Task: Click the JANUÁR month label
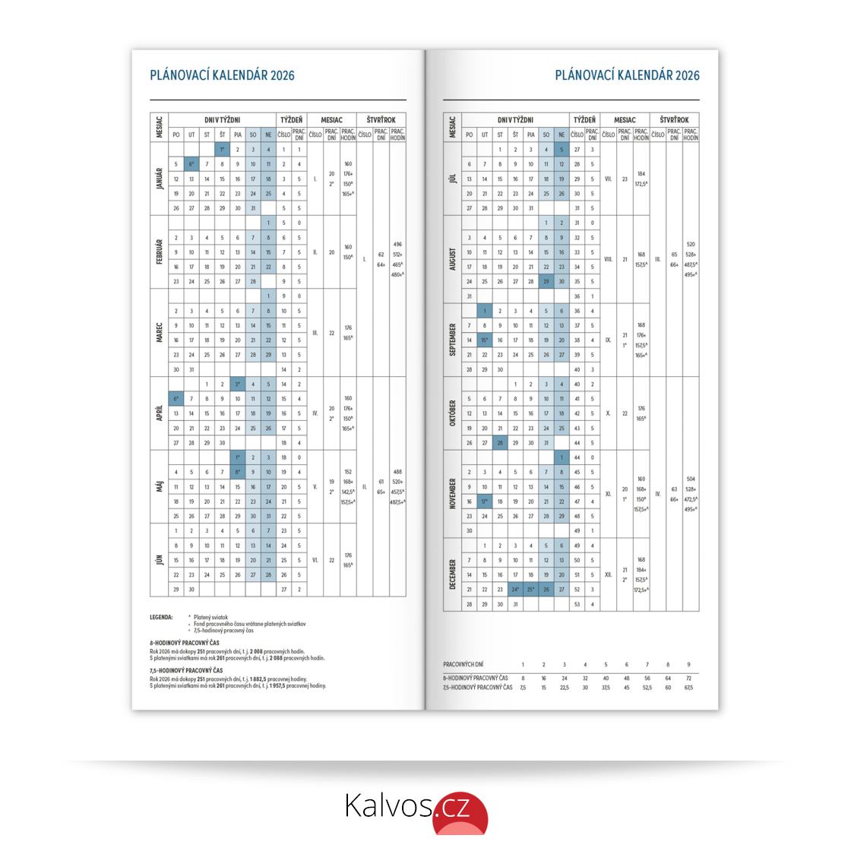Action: pyautogui.click(x=160, y=179)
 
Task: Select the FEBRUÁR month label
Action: pyautogui.click(x=160, y=252)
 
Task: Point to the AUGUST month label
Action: pyautogui.click(x=453, y=259)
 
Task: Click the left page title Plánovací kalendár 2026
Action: pyautogui.click(x=222, y=75)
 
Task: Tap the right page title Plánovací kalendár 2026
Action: pyautogui.click(x=627, y=75)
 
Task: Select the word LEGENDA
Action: pyautogui.click(x=161, y=617)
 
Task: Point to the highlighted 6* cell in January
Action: pyautogui.click(x=191, y=164)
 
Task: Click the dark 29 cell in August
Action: pyautogui.click(x=546, y=281)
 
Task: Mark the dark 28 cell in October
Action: pyautogui.click(x=499, y=442)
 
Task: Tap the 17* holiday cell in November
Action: pyautogui.click(x=484, y=501)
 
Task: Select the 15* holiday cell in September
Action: pyautogui.click(x=484, y=340)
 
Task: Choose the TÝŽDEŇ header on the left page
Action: pyautogui.click(x=292, y=120)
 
